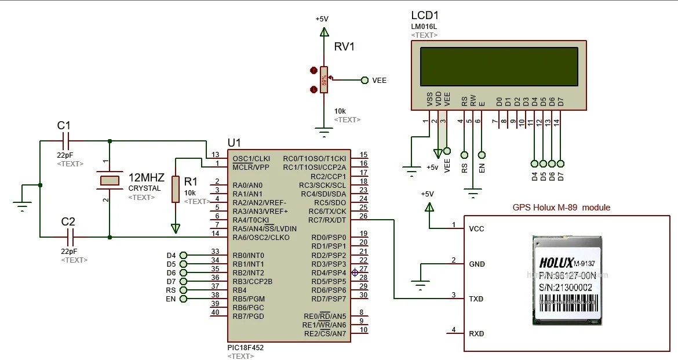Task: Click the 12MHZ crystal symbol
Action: pos(110,180)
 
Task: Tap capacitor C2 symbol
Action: pos(71,237)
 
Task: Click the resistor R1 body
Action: pos(176,190)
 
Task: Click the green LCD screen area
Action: pos(499,66)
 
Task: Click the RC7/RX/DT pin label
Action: pos(327,220)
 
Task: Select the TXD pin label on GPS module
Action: pos(476,299)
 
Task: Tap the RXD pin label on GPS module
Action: pos(476,334)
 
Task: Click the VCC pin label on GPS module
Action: pos(476,228)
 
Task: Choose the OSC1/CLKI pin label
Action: pos(251,158)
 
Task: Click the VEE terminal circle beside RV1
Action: pos(364,81)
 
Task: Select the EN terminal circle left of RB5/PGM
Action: pos(184,299)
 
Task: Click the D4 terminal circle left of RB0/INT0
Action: pos(184,255)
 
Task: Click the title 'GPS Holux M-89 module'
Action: pos(561,207)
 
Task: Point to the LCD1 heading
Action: pos(425,16)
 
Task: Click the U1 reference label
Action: pos(234,142)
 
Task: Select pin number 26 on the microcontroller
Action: pos(363,216)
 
